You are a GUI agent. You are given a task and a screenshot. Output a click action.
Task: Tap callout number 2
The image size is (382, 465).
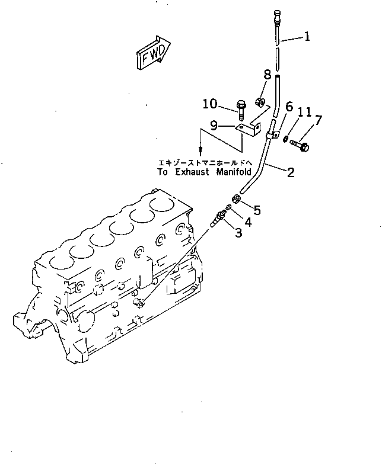pyautogui.click(x=291, y=172)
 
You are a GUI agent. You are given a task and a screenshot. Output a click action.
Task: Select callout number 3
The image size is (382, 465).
pyautogui.click(x=238, y=233)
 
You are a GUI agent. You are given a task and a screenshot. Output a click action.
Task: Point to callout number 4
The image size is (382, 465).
pyautogui.click(x=248, y=223)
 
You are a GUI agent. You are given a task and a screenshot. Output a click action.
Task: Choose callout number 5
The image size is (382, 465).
pyautogui.click(x=257, y=209)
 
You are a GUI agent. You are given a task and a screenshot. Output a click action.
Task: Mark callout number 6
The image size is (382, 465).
pyautogui.click(x=289, y=107)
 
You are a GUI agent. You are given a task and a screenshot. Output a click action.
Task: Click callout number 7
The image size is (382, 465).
pyautogui.click(x=318, y=121)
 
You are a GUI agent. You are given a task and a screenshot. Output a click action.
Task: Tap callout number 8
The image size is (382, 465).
pyautogui.click(x=267, y=75)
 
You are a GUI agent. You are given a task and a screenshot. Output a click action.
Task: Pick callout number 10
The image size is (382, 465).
pyautogui.click(x=209, y=105)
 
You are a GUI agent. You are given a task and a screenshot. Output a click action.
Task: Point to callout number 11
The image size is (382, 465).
pyautogui.click(x=304, y=112)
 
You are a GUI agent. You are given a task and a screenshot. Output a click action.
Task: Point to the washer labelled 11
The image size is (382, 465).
pyautogui.click(x=285, y=139)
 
